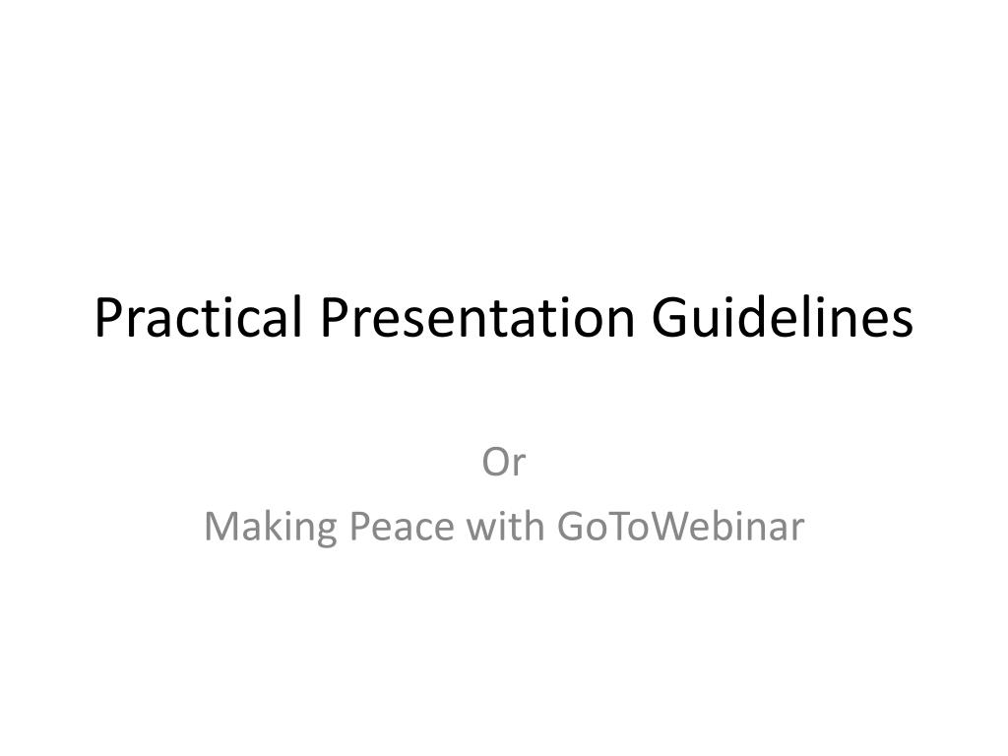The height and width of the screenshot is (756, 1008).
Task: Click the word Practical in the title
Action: pyautogui.click(x=200, y=318)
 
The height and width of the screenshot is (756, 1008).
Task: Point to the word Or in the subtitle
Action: pyautogui.click(x=504, y=463)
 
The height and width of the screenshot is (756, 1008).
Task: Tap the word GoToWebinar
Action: pyautogui.click(x=680, y=528)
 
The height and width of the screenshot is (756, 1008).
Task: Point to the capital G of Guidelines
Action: pyautogui.click(x=671, y=318)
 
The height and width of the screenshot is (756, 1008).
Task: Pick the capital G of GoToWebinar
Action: pyautogui.click(x=572, y=528)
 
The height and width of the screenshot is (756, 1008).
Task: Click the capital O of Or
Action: pyautogui.click(x=494, y=463)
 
